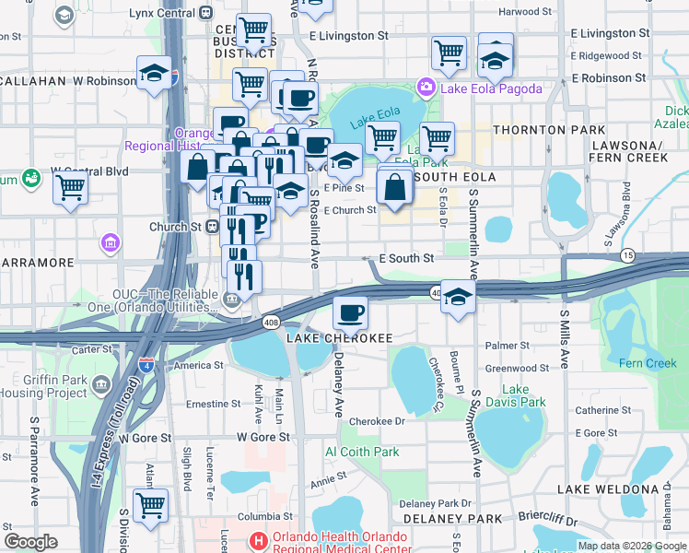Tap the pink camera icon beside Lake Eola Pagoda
pos(426,88)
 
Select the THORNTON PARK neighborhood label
pos(549,130)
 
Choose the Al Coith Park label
pos(362,452)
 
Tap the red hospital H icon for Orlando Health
pos(260,538)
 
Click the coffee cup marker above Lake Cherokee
pos(350,313)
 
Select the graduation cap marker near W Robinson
pos(155,73)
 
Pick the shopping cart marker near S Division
pos(150,504)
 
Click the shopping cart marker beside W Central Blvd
pos(70,187)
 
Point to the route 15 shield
pos(628,254)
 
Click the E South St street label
pos(410,259)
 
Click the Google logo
pos(31,542)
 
